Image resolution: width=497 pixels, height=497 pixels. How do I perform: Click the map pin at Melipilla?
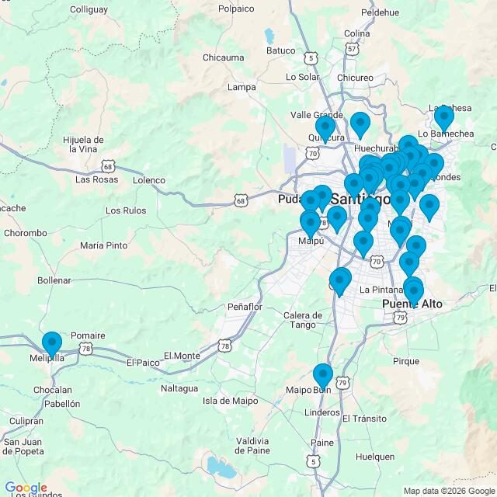pos(52,344)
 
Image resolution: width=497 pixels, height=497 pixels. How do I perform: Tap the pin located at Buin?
pos(323,377)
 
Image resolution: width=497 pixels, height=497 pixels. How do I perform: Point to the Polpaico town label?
pos(236,9)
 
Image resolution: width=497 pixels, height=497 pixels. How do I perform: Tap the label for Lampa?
pos(242,87)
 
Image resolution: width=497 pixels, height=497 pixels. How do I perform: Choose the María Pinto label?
pos(103,245)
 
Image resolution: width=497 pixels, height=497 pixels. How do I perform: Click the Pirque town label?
pos(405,361)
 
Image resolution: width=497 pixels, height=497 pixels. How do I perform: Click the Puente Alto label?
pos(412,304)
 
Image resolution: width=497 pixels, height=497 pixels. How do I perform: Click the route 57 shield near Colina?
pos(353,49)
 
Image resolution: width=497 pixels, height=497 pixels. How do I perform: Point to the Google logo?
pos(26,488)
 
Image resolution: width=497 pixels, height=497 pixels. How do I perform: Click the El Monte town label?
pos(182,356)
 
